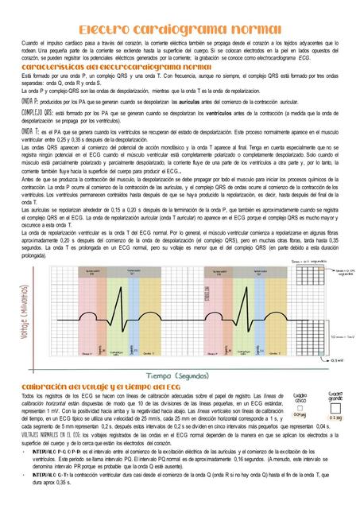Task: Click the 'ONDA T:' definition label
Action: [29, 130]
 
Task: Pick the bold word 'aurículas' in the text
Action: [190, 103]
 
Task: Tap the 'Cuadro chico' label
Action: [301, 397]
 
